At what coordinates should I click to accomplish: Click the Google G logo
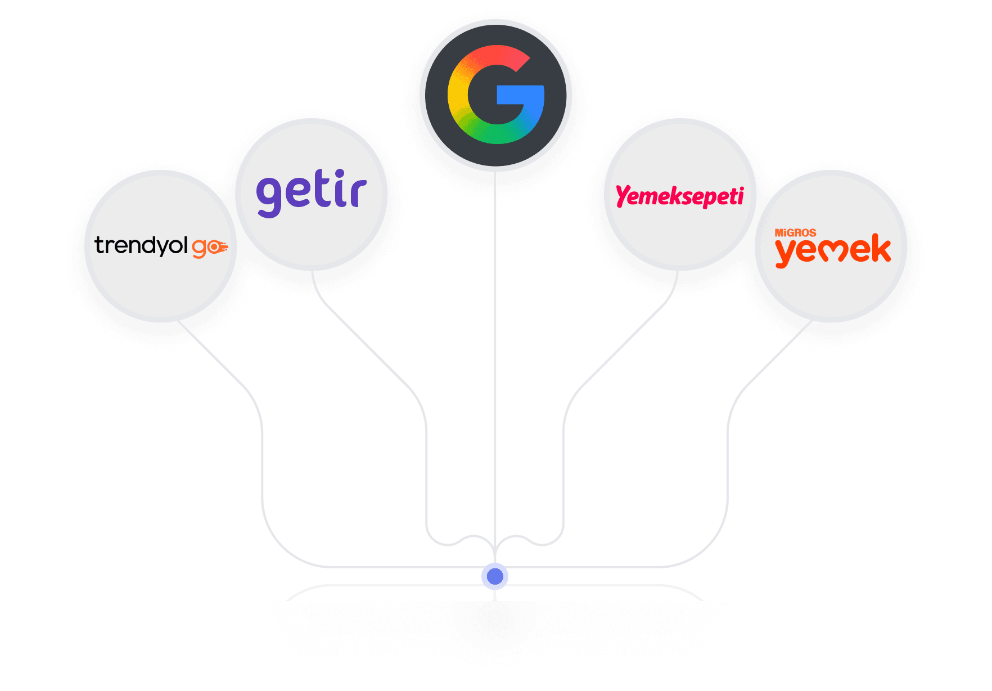[495, 95]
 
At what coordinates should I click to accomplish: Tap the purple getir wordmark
[311, 193]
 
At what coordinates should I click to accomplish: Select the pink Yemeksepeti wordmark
[679, 196]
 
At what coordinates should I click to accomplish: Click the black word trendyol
[141, 245]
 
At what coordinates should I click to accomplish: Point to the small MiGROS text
[795, 232]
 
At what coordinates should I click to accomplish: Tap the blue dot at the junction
[495, 576]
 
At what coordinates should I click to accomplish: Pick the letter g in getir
[269, 196]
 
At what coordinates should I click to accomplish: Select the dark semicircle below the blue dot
[495, 622]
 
